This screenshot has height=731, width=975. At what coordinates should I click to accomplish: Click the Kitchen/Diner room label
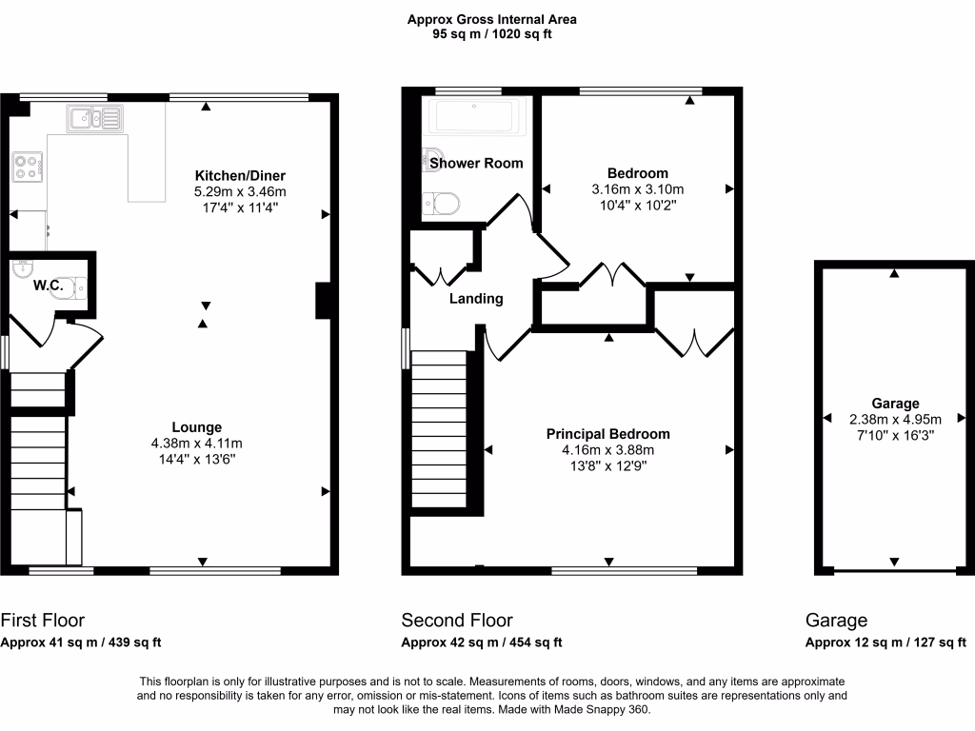pyautogui.click(x=240, y=176)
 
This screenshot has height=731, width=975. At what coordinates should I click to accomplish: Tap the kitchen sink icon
pyautogui.click(x=94, y=118)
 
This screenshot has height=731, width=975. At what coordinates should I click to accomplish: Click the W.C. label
pyautogui.click(x=48, y=285)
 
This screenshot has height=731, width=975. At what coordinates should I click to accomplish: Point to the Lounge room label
pyautogui.click(x=197, y=427)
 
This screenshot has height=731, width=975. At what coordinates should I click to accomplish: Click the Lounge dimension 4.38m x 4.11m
pyautogui.click(x=197, y=444)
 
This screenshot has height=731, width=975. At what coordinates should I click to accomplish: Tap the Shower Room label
pyautogui.click(x=476, y=163)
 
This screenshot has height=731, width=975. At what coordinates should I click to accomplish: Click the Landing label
pyautogui.click(x=476, y=298)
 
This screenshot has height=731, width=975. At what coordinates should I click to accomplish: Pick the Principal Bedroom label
pyautogui.click(x=607, y=434)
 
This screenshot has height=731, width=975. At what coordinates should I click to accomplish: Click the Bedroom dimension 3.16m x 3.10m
pyautogui.click(x=637, y=189)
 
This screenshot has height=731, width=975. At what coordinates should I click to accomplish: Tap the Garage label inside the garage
pyautogui.click(x=894, y=404)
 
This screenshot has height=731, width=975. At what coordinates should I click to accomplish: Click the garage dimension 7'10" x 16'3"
pyautogui.click(x=894, y=435)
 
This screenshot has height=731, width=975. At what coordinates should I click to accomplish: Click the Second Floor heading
pyautogui.click(x=457, y=621)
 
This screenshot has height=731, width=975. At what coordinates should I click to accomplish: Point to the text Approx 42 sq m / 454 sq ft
pyautogui.click(x=481, y=642)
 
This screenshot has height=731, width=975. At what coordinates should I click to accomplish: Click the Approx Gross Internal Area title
pyautogui.click(x=491, y=19)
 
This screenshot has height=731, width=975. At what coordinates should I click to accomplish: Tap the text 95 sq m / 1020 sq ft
pyautogui.click(x=491, y=34)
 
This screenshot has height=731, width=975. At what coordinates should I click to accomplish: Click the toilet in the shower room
pyautogui.click(x=443, y=202)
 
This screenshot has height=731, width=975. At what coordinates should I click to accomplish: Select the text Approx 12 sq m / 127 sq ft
pyautogui.click(x=885, y=642)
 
